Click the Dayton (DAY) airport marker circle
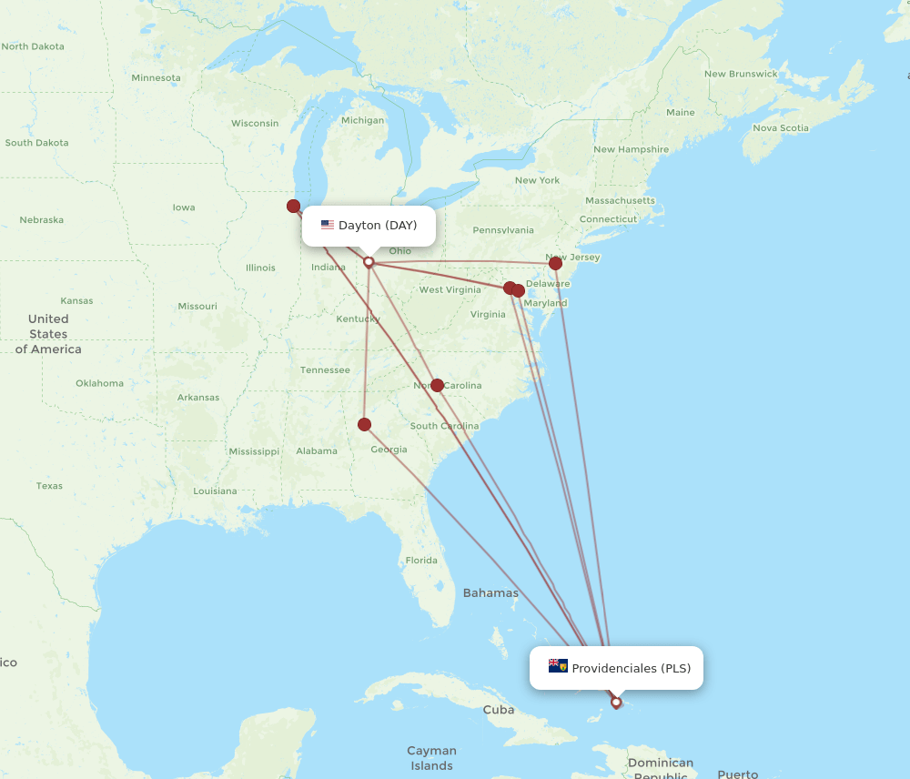[x=369, y=262]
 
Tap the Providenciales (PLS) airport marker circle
[x=616, y=703]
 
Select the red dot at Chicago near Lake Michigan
[x=293, y=207]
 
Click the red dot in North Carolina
[x=437, y=385]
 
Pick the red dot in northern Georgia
[x=365, y=424]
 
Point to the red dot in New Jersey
[x=555, y=263]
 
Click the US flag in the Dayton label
[x=328, y=225]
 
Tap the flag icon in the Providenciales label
[x=558, y=666]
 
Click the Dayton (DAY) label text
[x=378, y=225]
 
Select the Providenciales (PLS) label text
[x=631, y=668]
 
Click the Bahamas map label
[x=490, y=593]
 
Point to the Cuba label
[x=499, y=710]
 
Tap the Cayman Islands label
[x=431, y=758]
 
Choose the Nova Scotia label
[x=781, y=128]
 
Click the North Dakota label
[x=33, y=46]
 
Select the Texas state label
[x=49, y=486]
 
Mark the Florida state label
[x=421, y=561]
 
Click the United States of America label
[x=48, y=334]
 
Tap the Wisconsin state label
[x=255, y=123]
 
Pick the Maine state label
[x=680, y=113]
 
